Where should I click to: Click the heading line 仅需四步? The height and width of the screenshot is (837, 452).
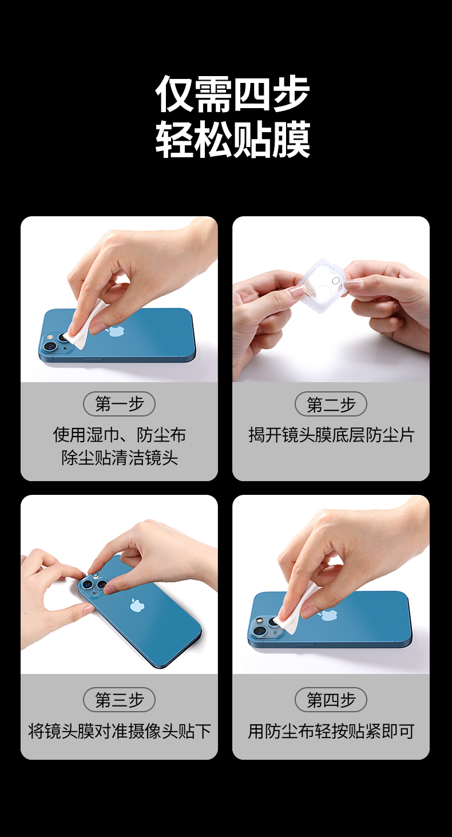[232, 94]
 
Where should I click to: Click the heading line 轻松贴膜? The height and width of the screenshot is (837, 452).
[232, 140]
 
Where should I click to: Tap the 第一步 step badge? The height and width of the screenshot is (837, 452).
[119, 404]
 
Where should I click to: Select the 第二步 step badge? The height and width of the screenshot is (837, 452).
[331, 404]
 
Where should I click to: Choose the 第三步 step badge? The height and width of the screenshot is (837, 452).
[119, 700]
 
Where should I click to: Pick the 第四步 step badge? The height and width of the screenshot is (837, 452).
[331, 700]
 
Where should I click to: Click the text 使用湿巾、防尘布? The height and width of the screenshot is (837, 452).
[119, 435]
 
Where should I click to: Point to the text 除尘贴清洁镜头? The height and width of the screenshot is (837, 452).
[119, 458]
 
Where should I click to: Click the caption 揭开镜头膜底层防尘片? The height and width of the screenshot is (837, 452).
[331, 435]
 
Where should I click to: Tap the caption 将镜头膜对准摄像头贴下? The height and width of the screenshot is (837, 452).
[119, 731]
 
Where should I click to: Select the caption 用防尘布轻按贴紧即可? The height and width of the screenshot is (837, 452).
[331, 731]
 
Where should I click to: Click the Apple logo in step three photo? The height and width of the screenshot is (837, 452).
[137, 605]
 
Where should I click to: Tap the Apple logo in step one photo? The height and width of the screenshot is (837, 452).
[117, 331]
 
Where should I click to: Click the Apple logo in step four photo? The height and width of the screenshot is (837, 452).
[327, 615]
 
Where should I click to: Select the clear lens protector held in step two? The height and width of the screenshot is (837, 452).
[323, 284]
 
